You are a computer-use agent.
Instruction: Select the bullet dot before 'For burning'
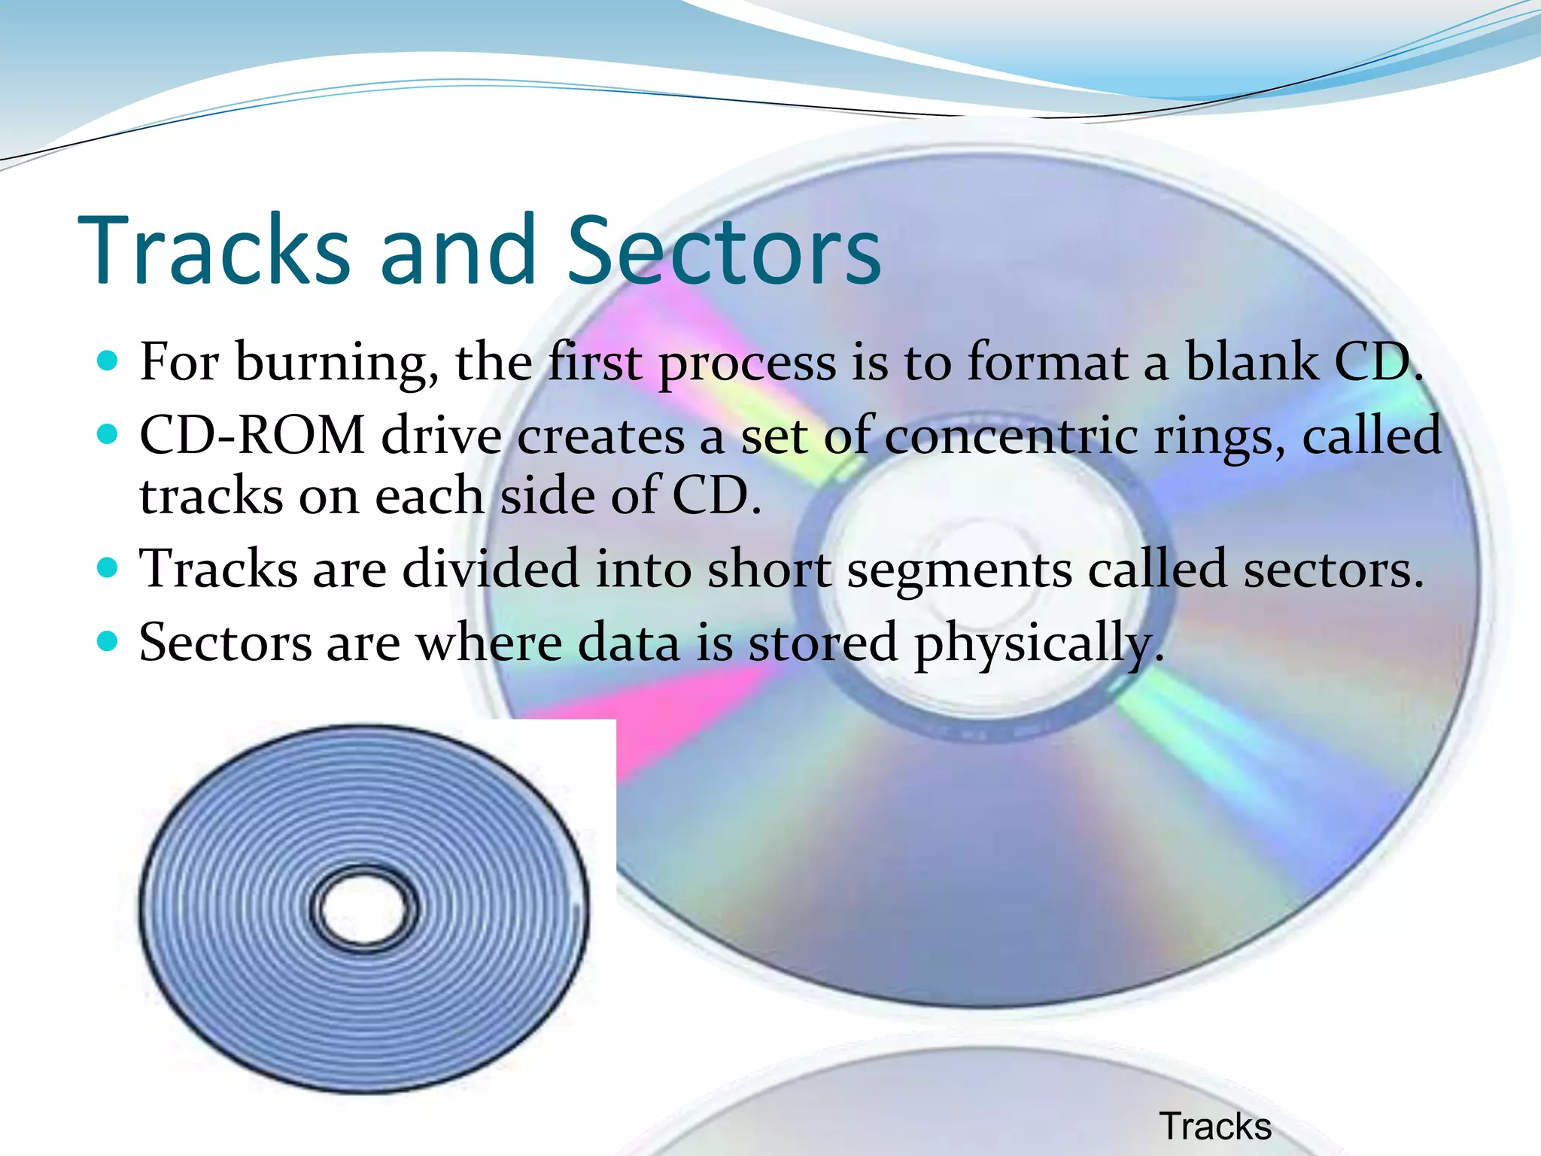pyautogui.click(x=108, y=361)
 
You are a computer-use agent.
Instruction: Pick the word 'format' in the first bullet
pyautogui.click(x=1047, y=362)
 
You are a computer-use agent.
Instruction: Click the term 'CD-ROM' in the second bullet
pyautogui.click(x=253, y=436)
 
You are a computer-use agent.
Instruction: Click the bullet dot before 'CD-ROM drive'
pyautogui.click(x=108, y=434)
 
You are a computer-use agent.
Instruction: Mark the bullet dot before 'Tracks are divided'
pyautogui.click(x=108, y=567)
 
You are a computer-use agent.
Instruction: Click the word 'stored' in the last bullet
pyautogui.click(x=822, y=643)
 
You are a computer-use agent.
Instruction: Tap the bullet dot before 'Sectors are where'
pyautogui.click(x=108, y=641)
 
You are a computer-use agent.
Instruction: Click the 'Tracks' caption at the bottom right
pyautogui.click(x=1215, y=1127)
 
